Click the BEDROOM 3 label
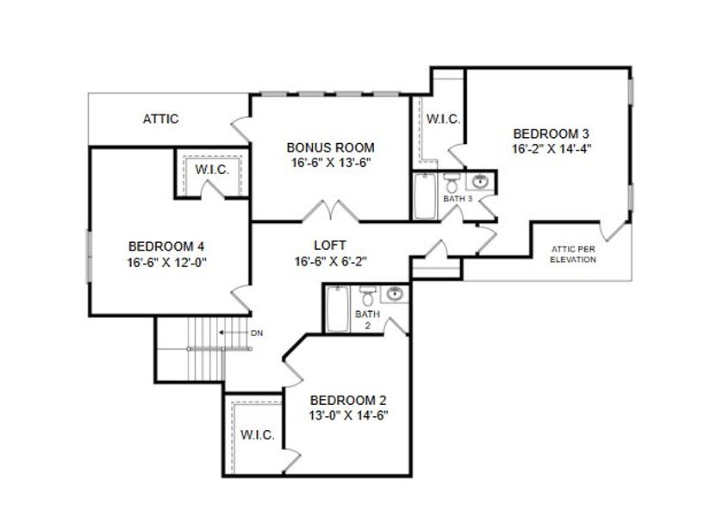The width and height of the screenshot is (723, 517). pyautogui.click(x=551, y=134)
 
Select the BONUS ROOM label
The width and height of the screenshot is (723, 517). pyautogui.click(x=331, y=147)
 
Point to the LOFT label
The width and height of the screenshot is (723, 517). pyautogui.click(x=331, y=246)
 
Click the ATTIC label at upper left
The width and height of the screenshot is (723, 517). pyautogui.click(x=160, y=119)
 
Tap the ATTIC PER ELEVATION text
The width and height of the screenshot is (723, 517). pyautogui.click(x=573, y=254)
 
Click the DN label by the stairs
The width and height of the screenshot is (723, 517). pyautogui.click(x=256, y=332)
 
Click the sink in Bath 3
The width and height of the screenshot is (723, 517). pyautogui.click(x=480, y=182)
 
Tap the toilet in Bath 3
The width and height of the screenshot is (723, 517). pyautogui.click(x=452, y=183)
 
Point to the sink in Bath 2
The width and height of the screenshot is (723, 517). pyautogui.click(x=394, y=294)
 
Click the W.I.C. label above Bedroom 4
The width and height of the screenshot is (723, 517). pyautogui.click(x=212, y=170)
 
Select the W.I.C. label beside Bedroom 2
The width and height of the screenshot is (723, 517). pyautogui.click(x=258, y=435)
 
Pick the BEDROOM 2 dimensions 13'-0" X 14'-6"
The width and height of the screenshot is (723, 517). pyautogui.click(x=348, y=415)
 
